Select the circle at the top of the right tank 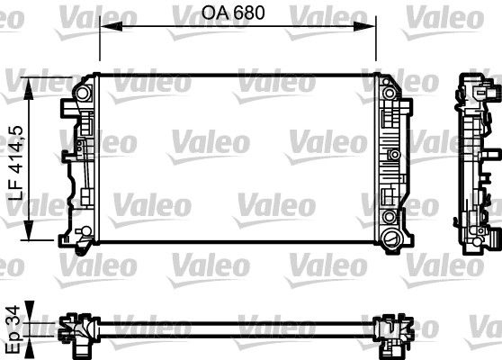390,91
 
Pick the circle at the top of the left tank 85,93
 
